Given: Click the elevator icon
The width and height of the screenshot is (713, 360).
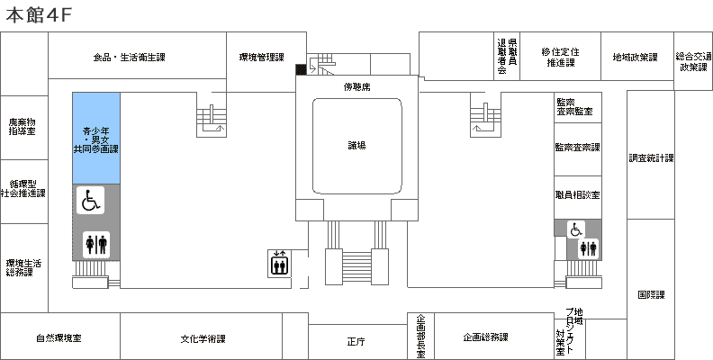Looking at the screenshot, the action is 278,263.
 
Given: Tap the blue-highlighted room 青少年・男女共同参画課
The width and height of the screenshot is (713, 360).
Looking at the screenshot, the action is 96,139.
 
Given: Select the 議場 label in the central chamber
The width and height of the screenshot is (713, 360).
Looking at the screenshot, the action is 357,146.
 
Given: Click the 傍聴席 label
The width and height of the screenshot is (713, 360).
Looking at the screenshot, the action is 357,86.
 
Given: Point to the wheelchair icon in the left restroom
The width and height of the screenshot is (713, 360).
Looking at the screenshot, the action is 91,201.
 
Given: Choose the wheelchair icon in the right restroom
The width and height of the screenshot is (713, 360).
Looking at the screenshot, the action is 576,229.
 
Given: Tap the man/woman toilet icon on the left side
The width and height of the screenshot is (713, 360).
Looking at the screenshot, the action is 96,245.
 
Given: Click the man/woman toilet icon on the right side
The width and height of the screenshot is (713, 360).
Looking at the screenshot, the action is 588,248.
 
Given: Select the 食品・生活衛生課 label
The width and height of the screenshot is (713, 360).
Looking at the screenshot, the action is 129,58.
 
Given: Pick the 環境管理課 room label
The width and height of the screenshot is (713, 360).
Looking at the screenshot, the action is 261,58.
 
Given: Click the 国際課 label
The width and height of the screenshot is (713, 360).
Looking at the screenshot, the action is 651,295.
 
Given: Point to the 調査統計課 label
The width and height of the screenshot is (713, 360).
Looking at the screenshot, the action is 651,158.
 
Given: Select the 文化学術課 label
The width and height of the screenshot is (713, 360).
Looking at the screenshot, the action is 203,338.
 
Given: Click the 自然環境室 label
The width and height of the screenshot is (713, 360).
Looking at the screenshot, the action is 59,338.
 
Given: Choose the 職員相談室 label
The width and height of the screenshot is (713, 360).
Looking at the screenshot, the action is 577,195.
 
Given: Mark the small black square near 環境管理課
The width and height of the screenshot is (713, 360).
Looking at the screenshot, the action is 301,69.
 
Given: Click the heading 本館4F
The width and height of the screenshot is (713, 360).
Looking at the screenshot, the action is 39,15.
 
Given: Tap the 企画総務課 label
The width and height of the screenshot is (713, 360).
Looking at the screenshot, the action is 485,337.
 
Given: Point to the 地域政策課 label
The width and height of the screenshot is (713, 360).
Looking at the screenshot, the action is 636,58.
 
